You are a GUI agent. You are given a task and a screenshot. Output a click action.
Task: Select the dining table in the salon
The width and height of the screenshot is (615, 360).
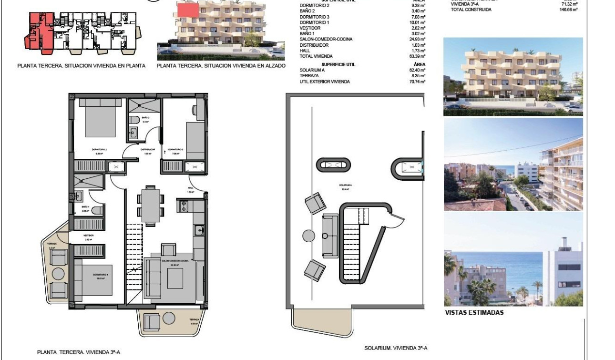150,205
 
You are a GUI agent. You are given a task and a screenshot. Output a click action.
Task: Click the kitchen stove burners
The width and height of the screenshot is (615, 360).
184,206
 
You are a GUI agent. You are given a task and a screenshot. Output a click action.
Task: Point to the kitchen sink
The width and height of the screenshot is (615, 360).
200,230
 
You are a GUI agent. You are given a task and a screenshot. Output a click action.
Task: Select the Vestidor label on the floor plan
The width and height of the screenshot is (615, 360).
88,236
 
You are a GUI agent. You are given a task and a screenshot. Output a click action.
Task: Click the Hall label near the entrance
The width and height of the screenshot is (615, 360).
190,188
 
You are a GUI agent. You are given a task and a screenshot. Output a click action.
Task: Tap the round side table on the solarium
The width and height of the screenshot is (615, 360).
308,235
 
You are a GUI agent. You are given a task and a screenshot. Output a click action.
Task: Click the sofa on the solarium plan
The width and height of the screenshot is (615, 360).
329,236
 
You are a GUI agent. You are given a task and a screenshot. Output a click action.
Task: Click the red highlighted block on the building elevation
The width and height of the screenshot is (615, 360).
188,9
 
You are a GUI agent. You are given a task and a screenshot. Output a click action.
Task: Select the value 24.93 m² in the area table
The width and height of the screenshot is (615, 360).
418,39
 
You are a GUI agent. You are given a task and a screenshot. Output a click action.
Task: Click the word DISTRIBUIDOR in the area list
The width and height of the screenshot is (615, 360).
314,45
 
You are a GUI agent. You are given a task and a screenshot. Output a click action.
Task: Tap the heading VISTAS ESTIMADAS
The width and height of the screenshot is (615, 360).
474,313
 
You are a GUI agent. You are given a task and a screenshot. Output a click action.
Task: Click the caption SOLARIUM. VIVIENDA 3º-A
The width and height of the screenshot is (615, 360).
396,348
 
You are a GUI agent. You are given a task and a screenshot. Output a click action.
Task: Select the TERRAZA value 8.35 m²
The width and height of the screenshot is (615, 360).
419,76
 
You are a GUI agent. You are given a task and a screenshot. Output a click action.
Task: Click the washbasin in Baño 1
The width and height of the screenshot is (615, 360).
79,196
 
